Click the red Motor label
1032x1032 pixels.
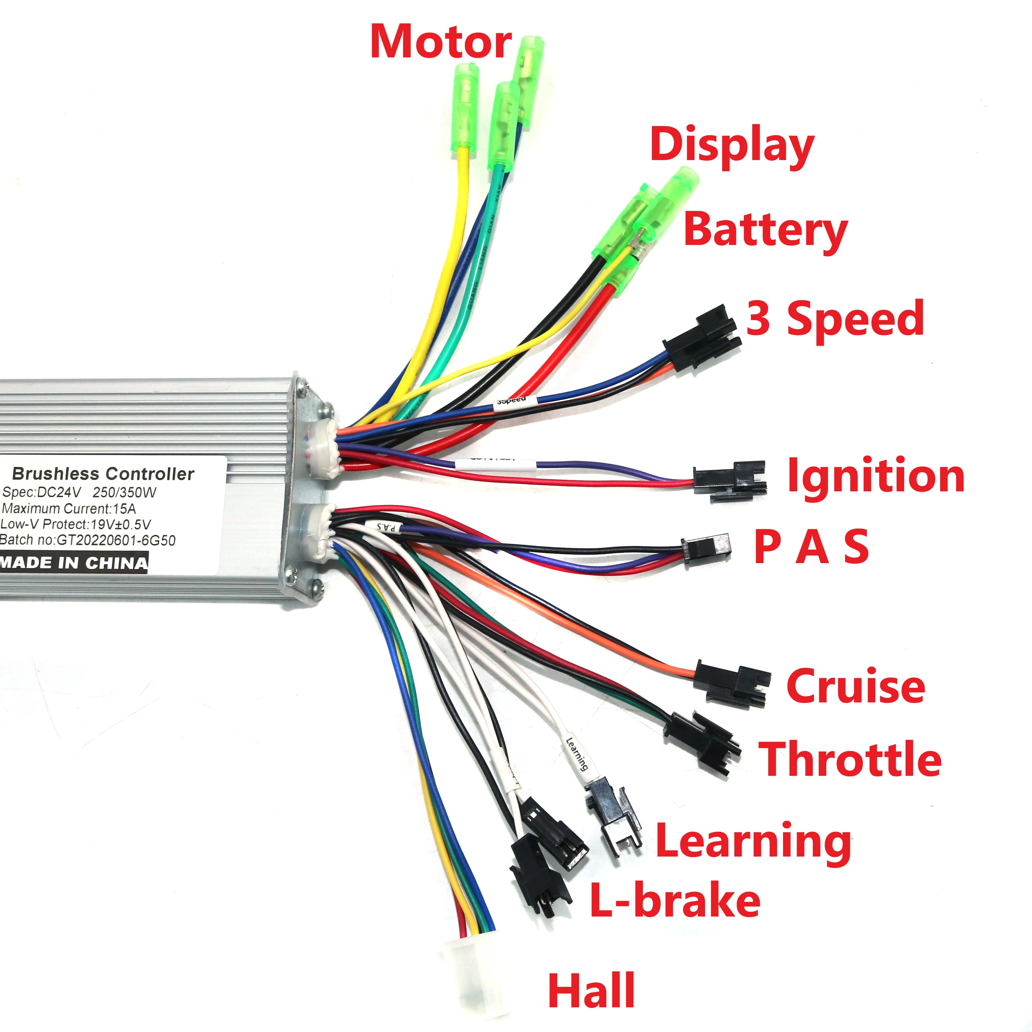click(x=441, y=42)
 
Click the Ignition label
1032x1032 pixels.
click(x=876, y=475)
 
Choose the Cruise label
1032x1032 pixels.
click(x=856, y=686)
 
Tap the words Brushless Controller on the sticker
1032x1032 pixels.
click(x=103, y=474)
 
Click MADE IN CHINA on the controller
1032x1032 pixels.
click(x=74, y=563)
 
